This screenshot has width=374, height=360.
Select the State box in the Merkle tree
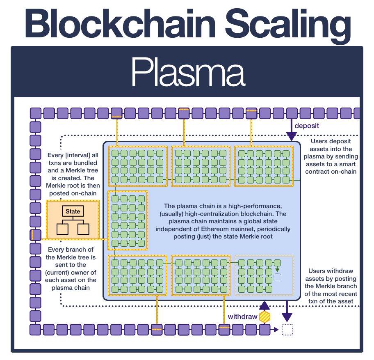(x=73, y=211)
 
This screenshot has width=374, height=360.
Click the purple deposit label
(x=307, y=125)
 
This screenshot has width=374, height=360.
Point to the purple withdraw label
(x=242, y=317)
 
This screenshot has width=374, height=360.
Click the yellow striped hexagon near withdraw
(x=265, y=317)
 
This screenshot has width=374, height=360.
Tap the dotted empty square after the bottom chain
(x=288, y=329)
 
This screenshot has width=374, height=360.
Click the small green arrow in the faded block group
(x=278, y=269)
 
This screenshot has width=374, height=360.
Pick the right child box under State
(x=83, y=228)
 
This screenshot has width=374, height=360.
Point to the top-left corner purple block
(x=36, y=113)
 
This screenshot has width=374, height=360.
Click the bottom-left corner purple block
(x=36, y=329)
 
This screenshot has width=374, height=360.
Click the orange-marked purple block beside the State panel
(x=36, y=235)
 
